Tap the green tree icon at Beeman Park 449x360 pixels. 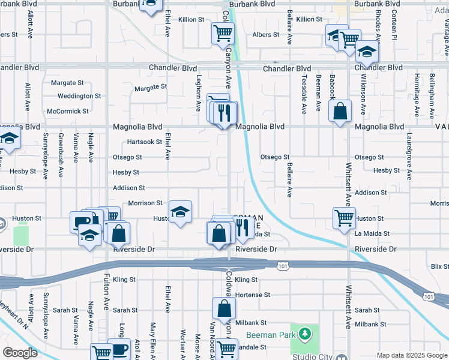[x=305, y=333]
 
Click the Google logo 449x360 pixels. [x=20, y=352]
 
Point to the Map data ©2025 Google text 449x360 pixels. [x=411, y=355]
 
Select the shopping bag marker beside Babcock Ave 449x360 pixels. [x=340, y=111]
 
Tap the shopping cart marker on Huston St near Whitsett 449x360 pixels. [x=344, y=218]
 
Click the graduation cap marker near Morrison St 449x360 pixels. [x=179, y=212]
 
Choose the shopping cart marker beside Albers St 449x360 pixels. [x=223, y=33]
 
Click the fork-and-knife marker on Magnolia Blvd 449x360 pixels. [x=226, y=112]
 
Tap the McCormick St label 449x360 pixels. [x=68, y=111]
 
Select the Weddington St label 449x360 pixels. [x=79, y=96]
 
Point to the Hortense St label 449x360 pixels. [x=253, y=295]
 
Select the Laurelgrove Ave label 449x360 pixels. [x=409, y=156]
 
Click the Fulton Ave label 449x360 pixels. [x=106, y=295]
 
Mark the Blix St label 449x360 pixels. [x=439, y=265]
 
